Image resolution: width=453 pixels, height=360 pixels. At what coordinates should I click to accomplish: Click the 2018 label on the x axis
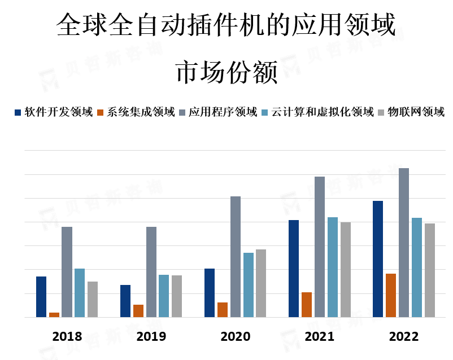67,337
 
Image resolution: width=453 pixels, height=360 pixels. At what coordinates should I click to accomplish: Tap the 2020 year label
236,337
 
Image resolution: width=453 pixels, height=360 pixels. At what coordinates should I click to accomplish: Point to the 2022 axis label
404,337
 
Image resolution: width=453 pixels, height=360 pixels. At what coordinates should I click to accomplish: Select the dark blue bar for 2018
41,297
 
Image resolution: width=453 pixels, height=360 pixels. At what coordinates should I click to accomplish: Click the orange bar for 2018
54,315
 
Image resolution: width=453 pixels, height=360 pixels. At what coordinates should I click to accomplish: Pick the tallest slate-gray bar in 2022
404,243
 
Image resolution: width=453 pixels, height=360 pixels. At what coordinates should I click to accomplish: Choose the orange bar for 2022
391,296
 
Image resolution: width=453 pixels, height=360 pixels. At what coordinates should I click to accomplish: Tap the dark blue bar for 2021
294,269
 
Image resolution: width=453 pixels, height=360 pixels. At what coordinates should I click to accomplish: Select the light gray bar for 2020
261,283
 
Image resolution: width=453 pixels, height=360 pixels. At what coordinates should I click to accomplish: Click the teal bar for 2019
164,296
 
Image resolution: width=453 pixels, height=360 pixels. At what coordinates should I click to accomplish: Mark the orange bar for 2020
223,310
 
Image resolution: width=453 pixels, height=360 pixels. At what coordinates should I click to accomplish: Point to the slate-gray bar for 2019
151,272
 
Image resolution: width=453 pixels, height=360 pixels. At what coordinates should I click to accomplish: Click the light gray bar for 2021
346,270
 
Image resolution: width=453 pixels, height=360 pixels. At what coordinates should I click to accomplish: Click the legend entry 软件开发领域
58,112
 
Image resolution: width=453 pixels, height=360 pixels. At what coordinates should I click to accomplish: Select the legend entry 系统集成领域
141,112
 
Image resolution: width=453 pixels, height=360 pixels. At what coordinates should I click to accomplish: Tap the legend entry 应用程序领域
223,112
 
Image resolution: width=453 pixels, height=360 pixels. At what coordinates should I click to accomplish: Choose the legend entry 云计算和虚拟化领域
323,112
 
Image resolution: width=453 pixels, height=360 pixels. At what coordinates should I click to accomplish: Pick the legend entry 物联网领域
420,112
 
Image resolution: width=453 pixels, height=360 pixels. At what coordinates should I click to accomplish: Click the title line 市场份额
226,73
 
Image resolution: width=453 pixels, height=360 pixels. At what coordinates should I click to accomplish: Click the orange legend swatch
101,112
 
